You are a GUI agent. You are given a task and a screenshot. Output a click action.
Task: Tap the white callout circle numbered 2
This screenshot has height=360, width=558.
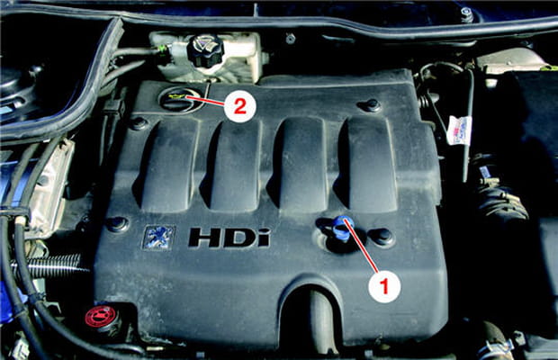point(238,106)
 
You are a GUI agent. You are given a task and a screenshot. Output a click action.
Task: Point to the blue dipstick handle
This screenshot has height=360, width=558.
point(342,228)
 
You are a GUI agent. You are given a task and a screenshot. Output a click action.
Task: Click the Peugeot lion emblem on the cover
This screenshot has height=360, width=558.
point(157,237)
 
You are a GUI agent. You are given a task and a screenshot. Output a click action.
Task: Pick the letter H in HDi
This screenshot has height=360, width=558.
point(205,238)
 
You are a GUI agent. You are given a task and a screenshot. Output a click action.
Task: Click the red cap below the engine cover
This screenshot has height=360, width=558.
point(100,317)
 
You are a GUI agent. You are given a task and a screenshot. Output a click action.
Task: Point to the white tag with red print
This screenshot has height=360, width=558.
point(458,130)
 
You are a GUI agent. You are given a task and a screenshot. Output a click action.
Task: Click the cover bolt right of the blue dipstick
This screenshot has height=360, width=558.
point(382,237)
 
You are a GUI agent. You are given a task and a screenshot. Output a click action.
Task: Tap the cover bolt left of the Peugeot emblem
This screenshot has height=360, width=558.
point(116,223)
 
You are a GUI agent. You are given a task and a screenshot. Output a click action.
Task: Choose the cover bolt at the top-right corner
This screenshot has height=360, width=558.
point(371,105)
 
